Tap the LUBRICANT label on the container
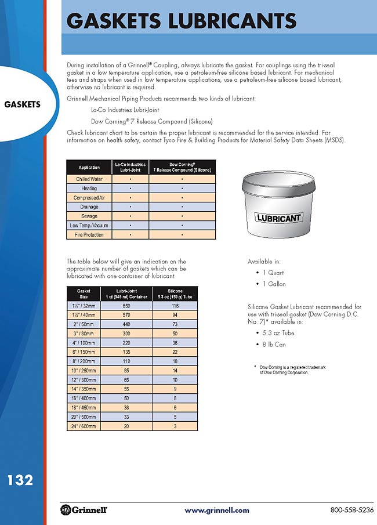coord(279,219)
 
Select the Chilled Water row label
coord(89,179)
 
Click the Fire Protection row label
coord(89,235)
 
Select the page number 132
coord(20,480)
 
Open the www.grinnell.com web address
coord(216,510)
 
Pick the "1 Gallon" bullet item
coord(273,284)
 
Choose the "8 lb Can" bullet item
coord(273,345)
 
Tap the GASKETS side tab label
coord(22,105)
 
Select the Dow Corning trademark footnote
coord(284,370)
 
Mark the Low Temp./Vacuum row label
coord(89,226)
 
